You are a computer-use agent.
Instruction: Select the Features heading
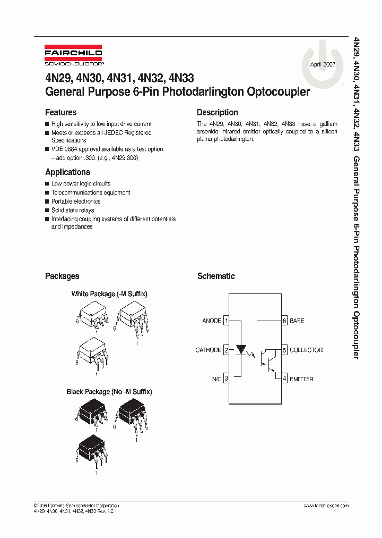click(x=60, y=113)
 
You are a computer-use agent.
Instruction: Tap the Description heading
click(x=217, y=113)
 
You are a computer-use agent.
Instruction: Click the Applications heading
click(x=67, y=172)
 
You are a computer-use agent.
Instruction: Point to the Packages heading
click(x=62, y=276)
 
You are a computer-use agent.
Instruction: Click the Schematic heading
click(x=215, y=276)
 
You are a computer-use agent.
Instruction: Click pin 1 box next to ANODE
click(x=226, y=321)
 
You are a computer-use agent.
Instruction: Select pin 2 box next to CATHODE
click(x=226, y=350)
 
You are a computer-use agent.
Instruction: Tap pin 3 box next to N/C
click(x=226, y=379)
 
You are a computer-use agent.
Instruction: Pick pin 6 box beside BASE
click(x=284, y=321)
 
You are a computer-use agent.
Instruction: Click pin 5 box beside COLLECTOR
click(x=284, y=350)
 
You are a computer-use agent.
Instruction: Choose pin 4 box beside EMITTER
click(x=284, y=379)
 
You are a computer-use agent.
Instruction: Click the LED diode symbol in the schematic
click(x=241, y=350)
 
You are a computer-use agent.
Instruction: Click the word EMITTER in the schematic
click(x=301, y=379)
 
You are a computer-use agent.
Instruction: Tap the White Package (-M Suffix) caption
click(x=109, y=294)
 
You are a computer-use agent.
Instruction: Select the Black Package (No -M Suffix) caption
click(x=109, y=392)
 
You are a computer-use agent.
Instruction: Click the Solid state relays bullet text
click(x=73, y=211)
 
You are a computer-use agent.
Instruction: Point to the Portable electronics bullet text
click(x=75, y=201)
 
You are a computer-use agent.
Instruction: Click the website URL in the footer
click(x=327, y=506)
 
